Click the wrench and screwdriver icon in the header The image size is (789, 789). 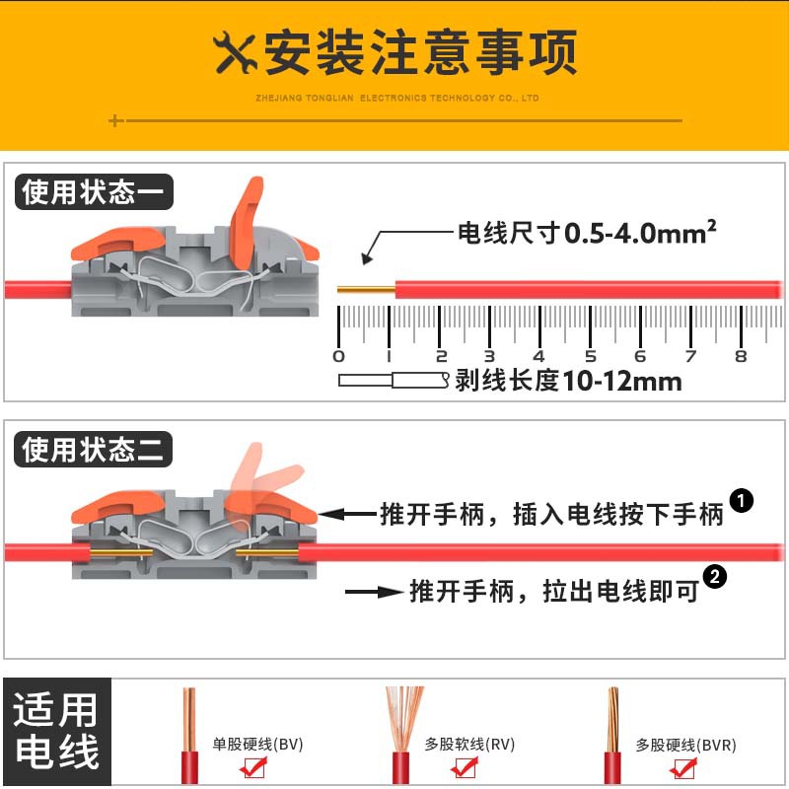point(235,53)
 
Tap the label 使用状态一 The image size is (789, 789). point(94,191)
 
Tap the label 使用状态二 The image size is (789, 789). point(93,449)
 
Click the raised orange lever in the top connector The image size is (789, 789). point(246,223)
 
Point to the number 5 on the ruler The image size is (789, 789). point(590,356)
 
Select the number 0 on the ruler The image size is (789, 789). point(338,356)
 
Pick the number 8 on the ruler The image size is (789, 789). point(741,356)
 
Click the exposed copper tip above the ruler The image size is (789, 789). point(366,290)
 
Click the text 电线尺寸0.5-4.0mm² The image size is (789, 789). point(587,233)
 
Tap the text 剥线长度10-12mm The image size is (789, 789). point(569,381)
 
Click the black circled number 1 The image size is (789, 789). point(742,501)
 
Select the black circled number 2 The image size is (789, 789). point(715,577)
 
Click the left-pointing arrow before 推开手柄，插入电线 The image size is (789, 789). point(347,514)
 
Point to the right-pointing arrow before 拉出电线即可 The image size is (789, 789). point(375,592)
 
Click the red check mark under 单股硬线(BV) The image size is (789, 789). point(253,767)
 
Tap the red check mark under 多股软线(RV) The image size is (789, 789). point(465,767)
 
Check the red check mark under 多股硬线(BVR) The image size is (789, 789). point(683,768)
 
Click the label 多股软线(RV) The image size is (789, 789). point(469,744)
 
